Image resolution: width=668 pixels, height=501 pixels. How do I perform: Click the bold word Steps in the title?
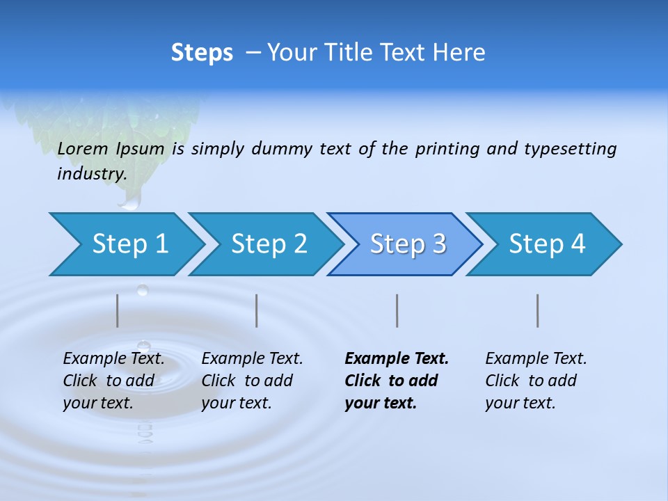(x=202, y=53)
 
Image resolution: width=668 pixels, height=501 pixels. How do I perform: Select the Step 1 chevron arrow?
(x=126, y=244)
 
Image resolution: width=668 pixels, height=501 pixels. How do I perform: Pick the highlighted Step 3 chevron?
(x=406, y=244)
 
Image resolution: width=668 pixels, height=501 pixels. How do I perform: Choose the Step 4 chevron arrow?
(x=545, y=244)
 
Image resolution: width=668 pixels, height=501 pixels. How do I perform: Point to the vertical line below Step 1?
(x=118, y=310)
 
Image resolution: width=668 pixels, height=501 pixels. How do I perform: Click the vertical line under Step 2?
(x=257, y=310)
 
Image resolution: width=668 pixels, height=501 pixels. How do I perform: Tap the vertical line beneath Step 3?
(x=397, y=310)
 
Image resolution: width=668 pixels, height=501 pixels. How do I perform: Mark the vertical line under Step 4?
(x=538, y=310)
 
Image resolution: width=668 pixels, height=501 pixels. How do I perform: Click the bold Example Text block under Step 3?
(x=396, y=381)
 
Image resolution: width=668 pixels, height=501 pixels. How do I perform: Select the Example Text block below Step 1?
(x=113, y=381)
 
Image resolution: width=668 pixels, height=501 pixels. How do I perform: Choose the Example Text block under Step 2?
(x=252, y=381)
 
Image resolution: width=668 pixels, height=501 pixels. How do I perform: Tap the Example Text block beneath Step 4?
(x=536, y=381)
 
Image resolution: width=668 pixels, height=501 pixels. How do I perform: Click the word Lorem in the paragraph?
(x=83, y=149)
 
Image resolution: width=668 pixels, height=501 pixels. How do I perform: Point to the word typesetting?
(x=570, y=149)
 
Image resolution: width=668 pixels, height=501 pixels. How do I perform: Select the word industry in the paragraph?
(x=91, y=174)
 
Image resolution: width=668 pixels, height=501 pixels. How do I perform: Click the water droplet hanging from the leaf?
(x=129, y=201)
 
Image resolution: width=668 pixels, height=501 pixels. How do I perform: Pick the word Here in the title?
(x=461, y=53)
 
